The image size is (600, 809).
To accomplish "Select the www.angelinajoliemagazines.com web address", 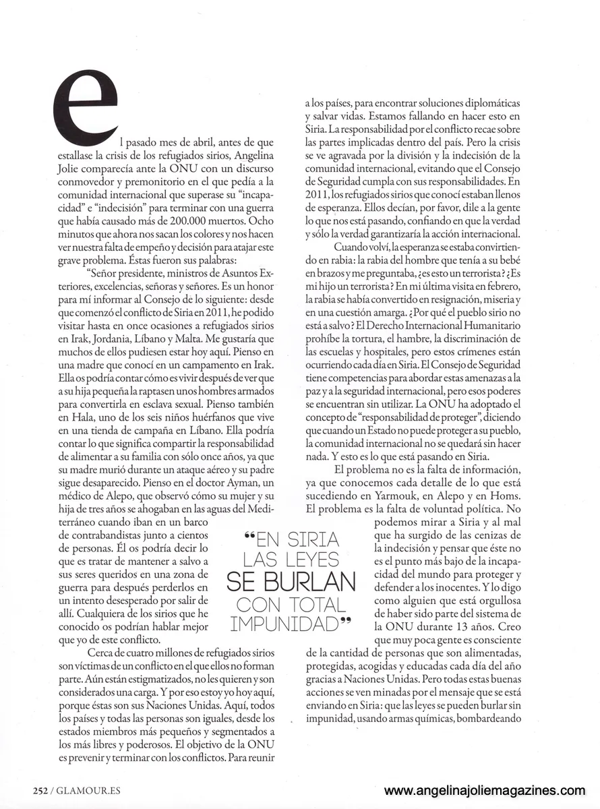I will (x=484, y=791).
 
